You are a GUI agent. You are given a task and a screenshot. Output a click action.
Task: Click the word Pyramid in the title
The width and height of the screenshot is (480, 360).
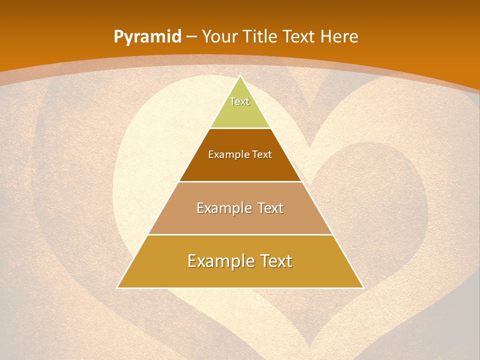(x=147, y=37)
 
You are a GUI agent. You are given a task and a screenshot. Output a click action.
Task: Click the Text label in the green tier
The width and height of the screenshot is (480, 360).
(x=239, y=101)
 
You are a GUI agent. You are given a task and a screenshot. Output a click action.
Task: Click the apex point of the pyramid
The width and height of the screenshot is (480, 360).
(x=240, y=76)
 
